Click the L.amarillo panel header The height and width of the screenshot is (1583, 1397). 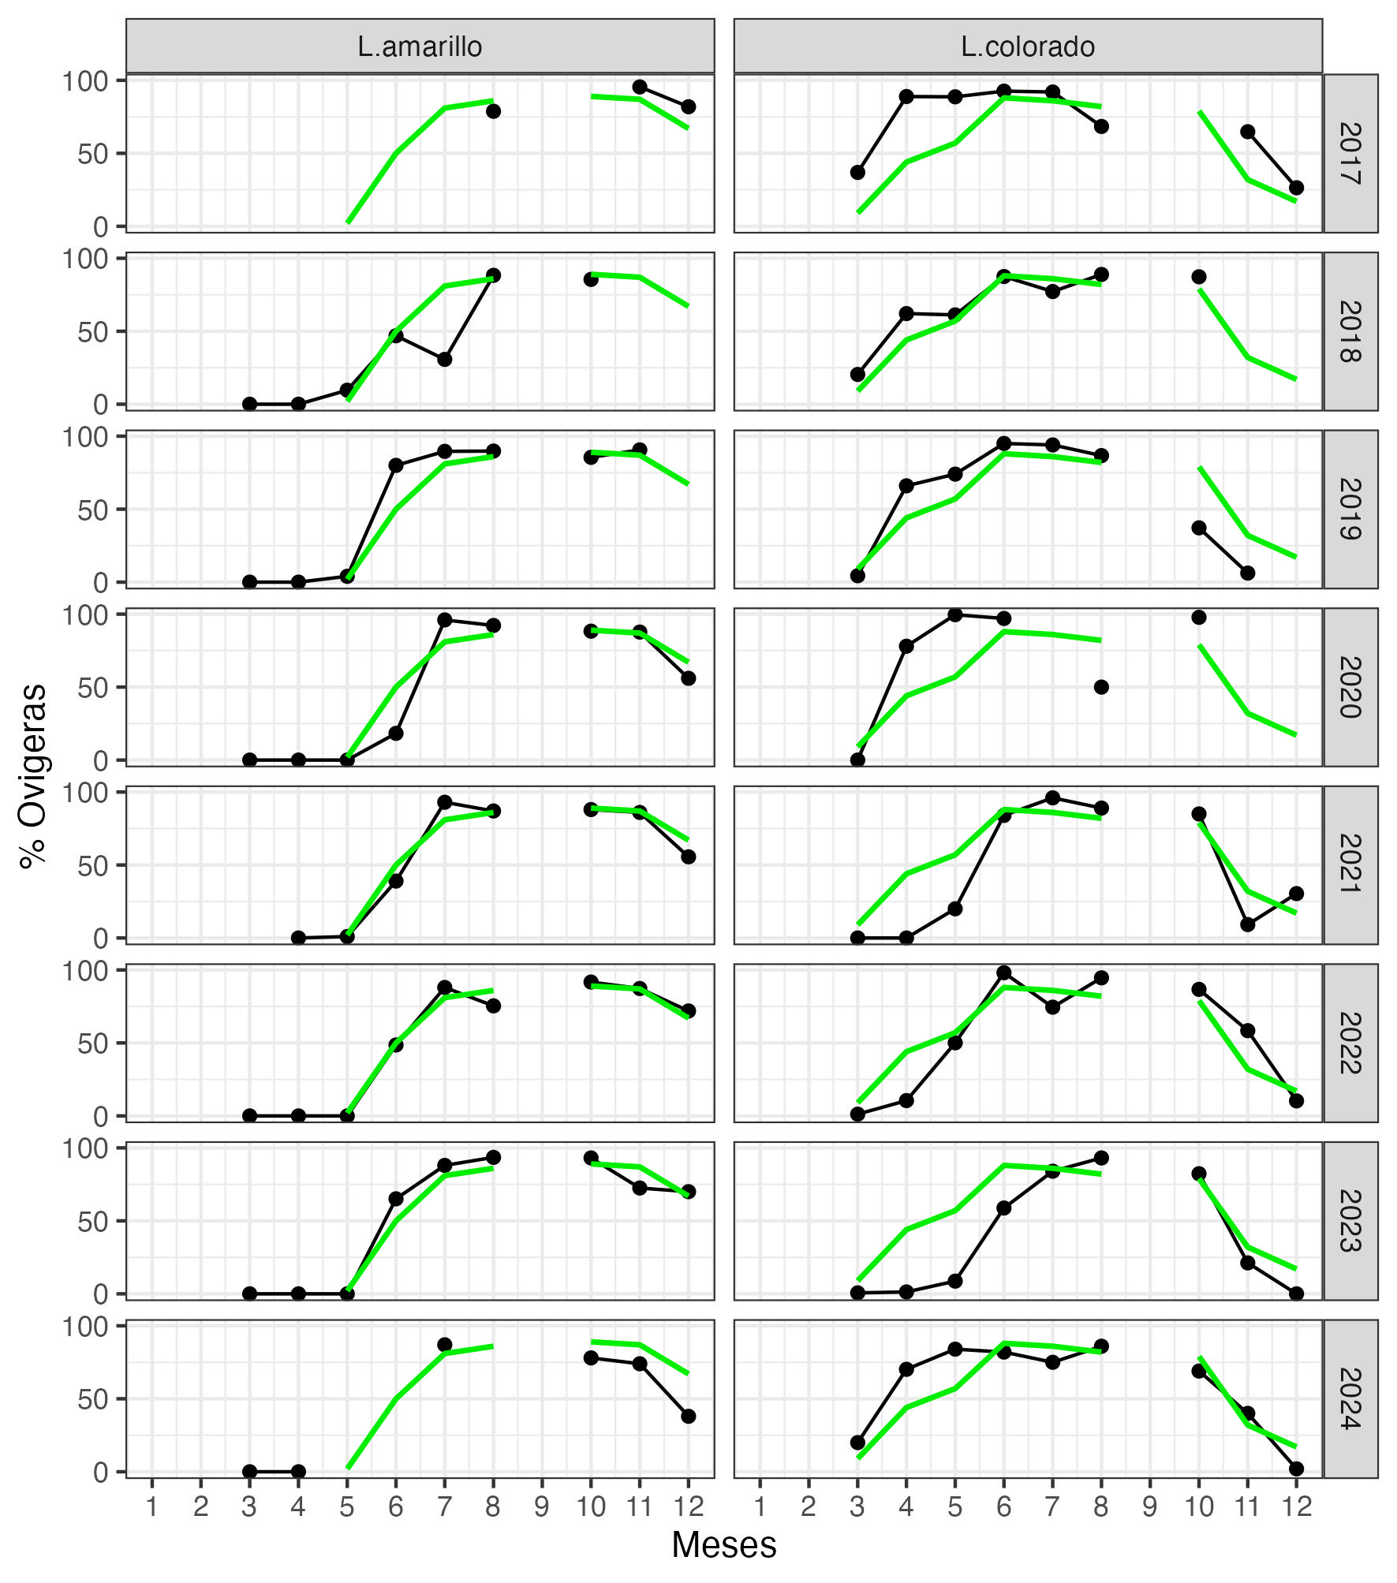coord(420,47)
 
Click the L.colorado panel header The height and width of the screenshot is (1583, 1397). coord(1028,47)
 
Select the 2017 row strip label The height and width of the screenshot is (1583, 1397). coord(1350,153)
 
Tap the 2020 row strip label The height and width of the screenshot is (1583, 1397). coord(1350,687)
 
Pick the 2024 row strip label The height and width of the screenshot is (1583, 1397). coord(1350,1398)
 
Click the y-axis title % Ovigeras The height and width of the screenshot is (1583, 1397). coord(34,776)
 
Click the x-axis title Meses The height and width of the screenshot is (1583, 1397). coord(723,1544)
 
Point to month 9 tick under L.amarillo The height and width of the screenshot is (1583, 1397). coord(541,1507)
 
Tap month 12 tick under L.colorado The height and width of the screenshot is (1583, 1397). coord(1295,1507)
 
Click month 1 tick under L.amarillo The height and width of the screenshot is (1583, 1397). coord(151,1507)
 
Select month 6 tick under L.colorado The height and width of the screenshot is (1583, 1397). coord(1003,1507)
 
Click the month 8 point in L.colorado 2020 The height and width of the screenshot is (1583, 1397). coord(1101,687)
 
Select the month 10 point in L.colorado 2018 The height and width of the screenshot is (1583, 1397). coord(1198,277)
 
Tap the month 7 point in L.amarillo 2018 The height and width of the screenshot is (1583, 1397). coord(444,359)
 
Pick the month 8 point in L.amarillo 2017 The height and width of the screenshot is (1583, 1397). coord(493,111)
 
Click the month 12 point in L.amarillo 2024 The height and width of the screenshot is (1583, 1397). coord(688,1416)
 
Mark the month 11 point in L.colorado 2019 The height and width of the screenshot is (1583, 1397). coord(1247,573)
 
